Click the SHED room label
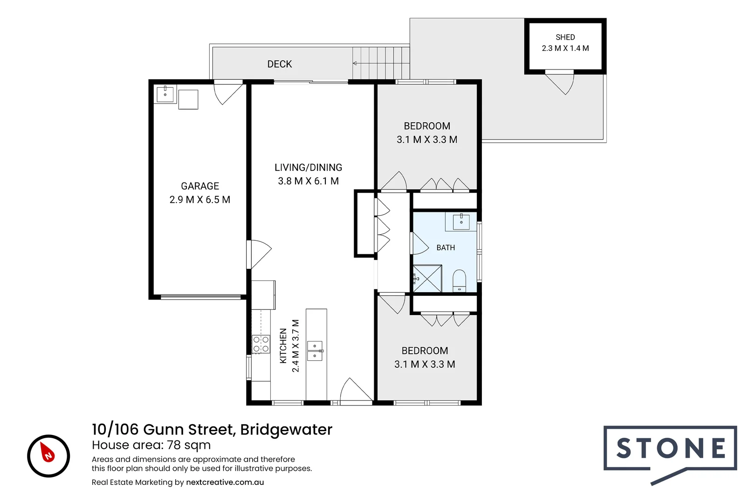(x=565, y=37)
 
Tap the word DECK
(x=280, y=64)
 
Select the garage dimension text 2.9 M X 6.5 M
(x=200, y=200)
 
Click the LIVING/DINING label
(x=309, y=168)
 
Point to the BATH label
(x=446, y=248)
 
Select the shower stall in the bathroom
(x=427, y=279)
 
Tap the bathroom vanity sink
(x=461, y=222)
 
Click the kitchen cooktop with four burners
(x=261, y=344)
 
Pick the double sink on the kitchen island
(x=315, y=351)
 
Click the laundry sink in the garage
(x=165, y=94)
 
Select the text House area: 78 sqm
(x=151, y=445)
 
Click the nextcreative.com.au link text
(x=225, y=483)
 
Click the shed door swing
(x=560, y=83)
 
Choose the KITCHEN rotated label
(x=283, y=346)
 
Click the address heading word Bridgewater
(x=287, y=430)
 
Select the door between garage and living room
(x=259, y=254)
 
